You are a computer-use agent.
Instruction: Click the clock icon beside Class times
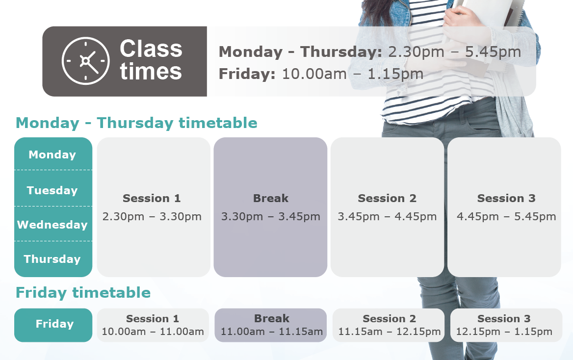[85, 61]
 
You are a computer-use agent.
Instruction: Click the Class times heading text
[151, 60]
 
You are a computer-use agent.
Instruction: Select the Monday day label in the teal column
[52, 154]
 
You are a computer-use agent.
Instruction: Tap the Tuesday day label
[52, 190]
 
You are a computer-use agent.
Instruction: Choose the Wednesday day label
[52, 225]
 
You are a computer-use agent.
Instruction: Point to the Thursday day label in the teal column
[52, 259]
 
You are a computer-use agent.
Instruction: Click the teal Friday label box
[53, 325]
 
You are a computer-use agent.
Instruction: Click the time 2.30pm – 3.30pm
[152, 217]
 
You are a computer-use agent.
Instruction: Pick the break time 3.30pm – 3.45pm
[270, 217]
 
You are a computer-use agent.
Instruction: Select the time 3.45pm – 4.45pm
[387, 217]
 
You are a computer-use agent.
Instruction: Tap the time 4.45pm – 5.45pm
[506, 217]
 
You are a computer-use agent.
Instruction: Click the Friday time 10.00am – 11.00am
[153, 332]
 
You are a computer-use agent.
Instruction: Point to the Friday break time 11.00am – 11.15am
[271, 332]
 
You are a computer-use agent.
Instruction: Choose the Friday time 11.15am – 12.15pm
[389, 332]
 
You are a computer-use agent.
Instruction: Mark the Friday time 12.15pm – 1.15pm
[504, 332]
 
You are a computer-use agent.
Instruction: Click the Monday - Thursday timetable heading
[136, 123]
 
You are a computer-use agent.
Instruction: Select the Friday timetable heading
[83, 293]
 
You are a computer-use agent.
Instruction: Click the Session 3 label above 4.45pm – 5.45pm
[506, 198]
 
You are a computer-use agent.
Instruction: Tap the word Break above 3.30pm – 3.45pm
[270, 198]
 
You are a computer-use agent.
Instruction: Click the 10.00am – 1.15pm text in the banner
[353, 74]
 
